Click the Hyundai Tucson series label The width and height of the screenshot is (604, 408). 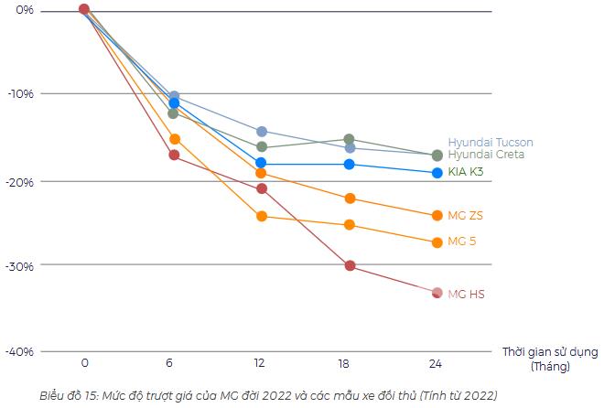(490, 143)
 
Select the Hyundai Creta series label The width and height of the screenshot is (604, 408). (486, 155)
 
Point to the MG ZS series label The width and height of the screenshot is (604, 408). (464, 215)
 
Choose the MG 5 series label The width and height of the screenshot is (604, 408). (461, 242)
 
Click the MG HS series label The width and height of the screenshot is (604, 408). (466, 294)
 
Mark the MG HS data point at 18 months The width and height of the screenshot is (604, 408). (350, 265)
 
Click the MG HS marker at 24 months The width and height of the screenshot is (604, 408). (437, 293)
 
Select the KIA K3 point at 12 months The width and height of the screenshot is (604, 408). (262, 163)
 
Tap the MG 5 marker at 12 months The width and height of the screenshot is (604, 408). (262, 217)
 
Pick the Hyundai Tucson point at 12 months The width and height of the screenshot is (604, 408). (262, 132)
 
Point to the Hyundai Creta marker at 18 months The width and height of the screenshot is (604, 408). (350, 139)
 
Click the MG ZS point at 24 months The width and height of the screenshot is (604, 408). (437, 216)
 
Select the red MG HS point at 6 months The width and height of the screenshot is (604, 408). (174, 155)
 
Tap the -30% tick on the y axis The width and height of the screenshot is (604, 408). (20, 266)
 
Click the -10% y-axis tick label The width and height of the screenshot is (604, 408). (20, 94)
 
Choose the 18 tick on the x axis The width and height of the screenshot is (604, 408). (343, 363)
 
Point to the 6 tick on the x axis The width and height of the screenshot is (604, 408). (169, 363)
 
